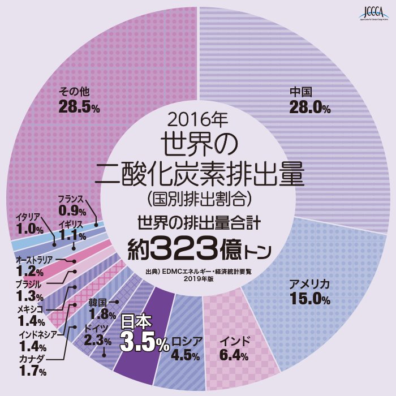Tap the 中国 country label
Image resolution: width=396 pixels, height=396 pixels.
click(x=300, y=92)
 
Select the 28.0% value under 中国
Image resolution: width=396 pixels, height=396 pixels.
click(x=309, y=107)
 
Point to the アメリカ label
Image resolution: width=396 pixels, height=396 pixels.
click(x=309, y=284)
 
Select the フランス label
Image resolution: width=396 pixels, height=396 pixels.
click(x=71, y=200)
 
